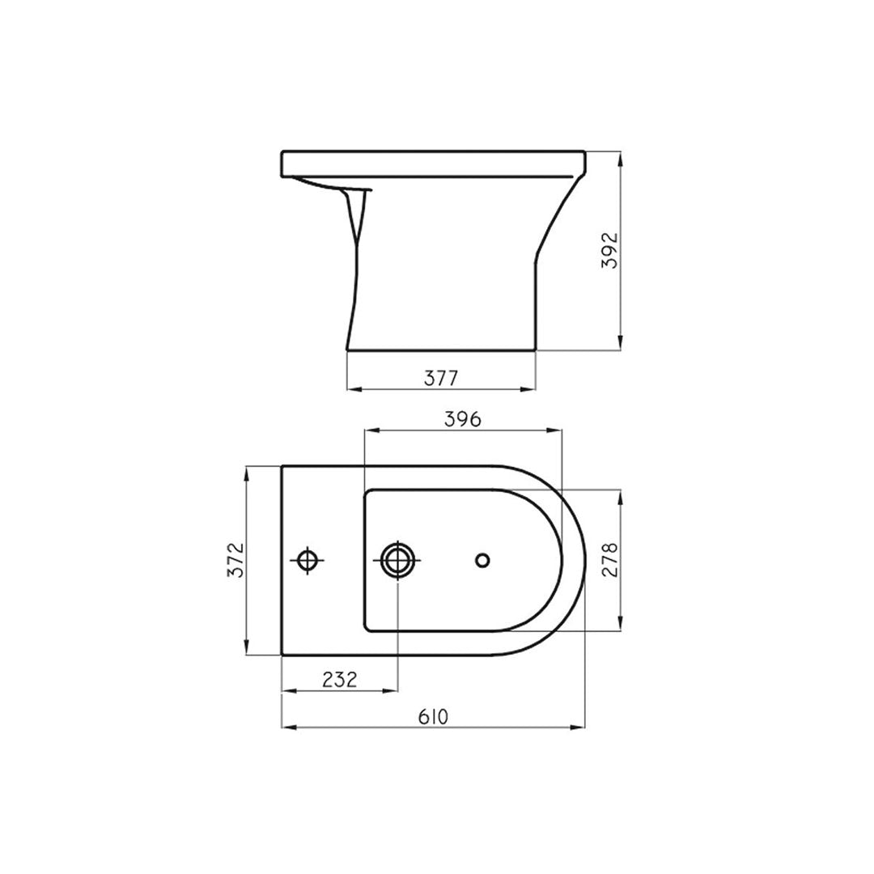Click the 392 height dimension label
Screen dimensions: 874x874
coord(612,251)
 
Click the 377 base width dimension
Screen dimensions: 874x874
coord(441,379)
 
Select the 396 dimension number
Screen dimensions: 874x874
coord(463,419)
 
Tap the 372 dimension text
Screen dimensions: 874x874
coord(237,559)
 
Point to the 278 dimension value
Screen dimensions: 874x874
coord(612,560)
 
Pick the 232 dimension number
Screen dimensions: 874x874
coord(339,680)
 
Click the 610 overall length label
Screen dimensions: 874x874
coord(433,717)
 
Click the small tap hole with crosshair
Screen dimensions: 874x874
coord(308,560)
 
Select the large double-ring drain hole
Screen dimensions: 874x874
coord(397,560)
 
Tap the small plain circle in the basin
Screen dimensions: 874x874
coord(482,560)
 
